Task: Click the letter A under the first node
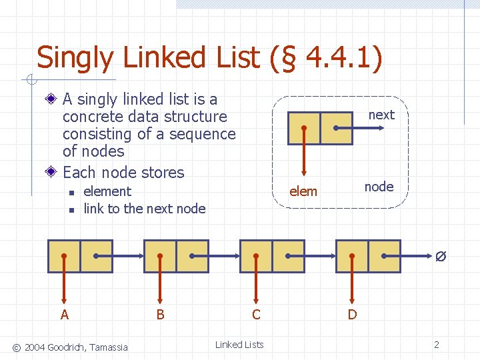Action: coord(64,315)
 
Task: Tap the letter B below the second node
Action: coord(160,315)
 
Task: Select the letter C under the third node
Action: coord(256,315)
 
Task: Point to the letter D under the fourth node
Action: coord(352,315)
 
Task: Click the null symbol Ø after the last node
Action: coord(440,257)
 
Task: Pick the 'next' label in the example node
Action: coord(381,115)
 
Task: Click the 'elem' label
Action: coord(303,191)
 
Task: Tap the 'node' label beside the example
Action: coord(379,187)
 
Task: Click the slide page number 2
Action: coord(437,345)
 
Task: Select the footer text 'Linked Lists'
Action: coord(239,345)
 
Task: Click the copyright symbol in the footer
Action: coord(17,346)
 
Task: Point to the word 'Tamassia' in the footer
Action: coord(109,346)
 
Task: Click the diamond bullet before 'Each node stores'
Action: coord(52,172)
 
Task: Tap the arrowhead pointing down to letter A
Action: coord(64,300)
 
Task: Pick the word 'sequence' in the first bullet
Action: coord(203,134)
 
